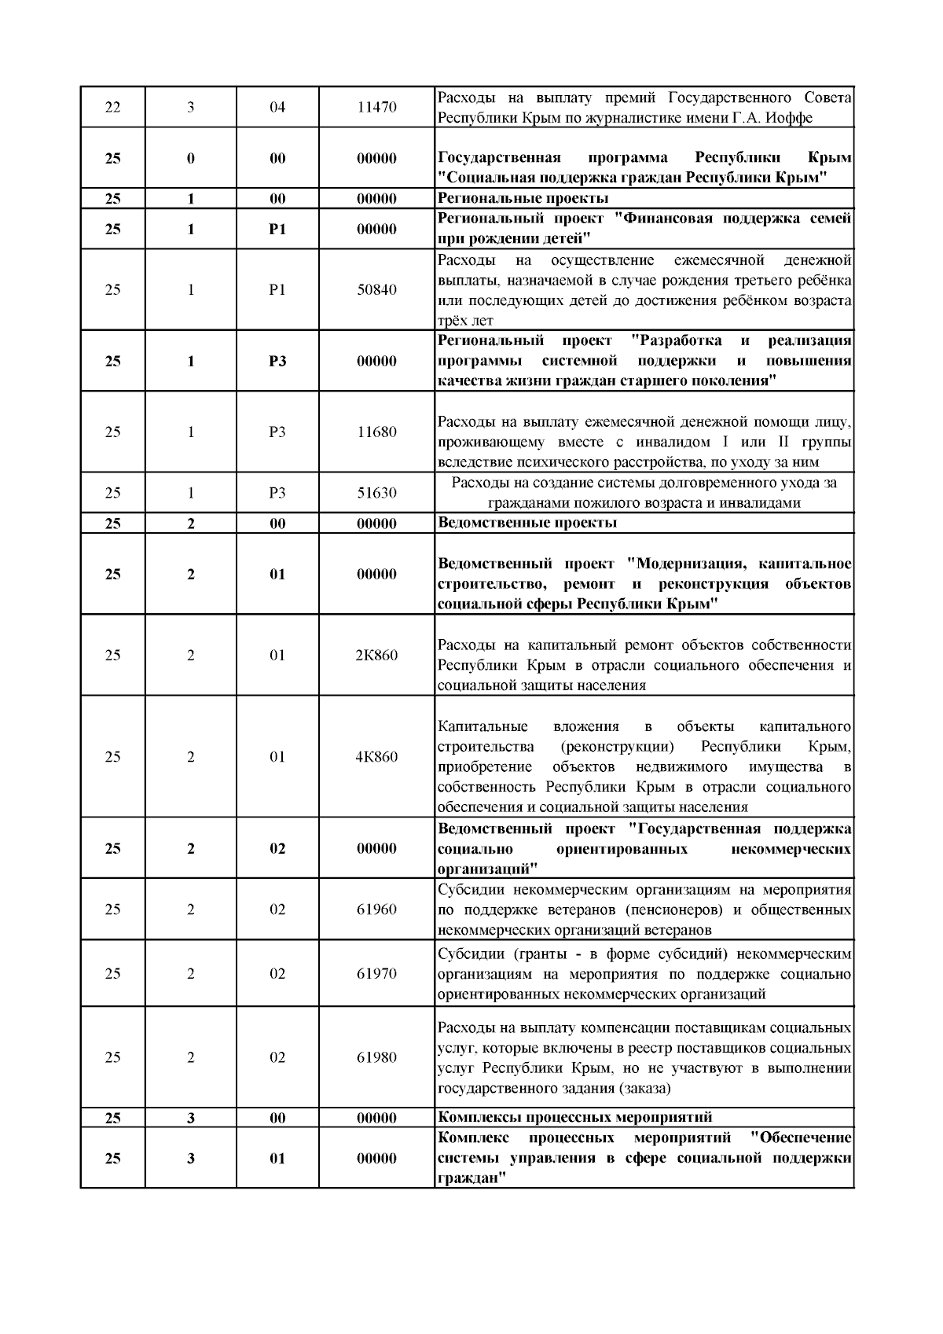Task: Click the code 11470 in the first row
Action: click(x=376, y=108)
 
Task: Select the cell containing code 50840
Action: click(x=376, y=290)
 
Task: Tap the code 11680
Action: click(x=376, y=432)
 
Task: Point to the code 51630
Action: click(x=376, y=493)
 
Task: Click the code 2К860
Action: click(x=376, y=656)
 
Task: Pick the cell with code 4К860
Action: click(x=376, y=757)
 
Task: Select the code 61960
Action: click(x=376, y=910)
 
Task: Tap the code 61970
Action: click(x=376, y=974)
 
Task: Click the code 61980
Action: click(x=376, y=1058)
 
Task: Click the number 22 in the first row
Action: click(x=112, y=108)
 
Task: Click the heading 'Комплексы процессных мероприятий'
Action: click(x=574, y=1117)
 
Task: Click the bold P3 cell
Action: click(x=277, y=362)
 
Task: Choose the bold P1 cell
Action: click(x=277, y=230)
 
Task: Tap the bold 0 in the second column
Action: click(x=191, y=158)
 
